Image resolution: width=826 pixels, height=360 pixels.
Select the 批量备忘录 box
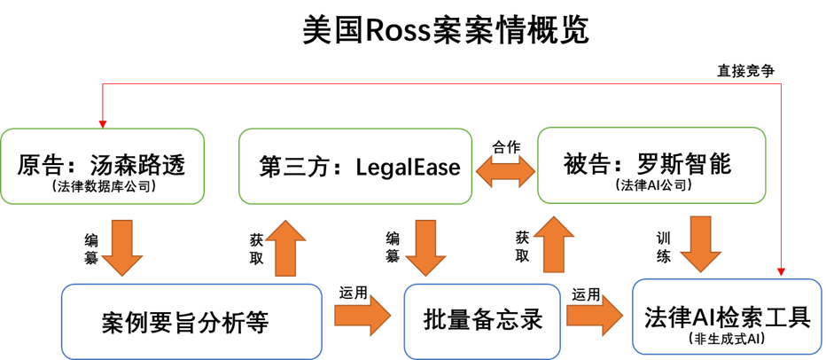[x=482, y=320]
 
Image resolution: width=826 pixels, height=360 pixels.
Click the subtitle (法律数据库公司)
[x=103, y=186]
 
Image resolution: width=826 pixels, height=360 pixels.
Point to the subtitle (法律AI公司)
[x=651, y=186]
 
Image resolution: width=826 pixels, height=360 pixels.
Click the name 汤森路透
[x=141, y=165]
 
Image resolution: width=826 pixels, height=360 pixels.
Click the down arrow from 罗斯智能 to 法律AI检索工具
[x=701, y=244]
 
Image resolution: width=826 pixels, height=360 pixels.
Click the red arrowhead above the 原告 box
[x=105, y=121]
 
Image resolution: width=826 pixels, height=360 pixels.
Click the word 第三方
[x=290, y=166]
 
